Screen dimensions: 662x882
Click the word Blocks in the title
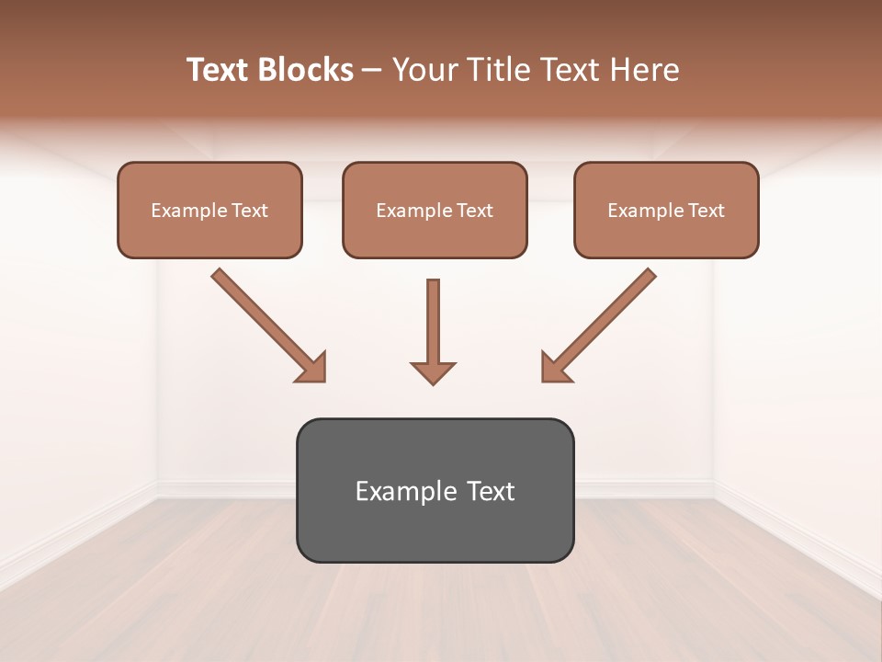coord(305,70)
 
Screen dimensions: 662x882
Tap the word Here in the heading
coord(642,70)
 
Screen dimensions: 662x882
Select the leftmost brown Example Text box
coord(209,210)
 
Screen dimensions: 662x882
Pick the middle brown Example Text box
coord(435,210)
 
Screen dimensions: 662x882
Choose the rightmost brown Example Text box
coord(666,210)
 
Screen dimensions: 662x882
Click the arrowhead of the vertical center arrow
coord(433,371)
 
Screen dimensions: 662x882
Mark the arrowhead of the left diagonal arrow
coord(312,368)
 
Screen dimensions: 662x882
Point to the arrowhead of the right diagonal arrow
coord(556,368)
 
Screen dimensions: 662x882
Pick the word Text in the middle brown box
coord(474,211)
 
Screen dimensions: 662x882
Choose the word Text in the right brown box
coord(706,211)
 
